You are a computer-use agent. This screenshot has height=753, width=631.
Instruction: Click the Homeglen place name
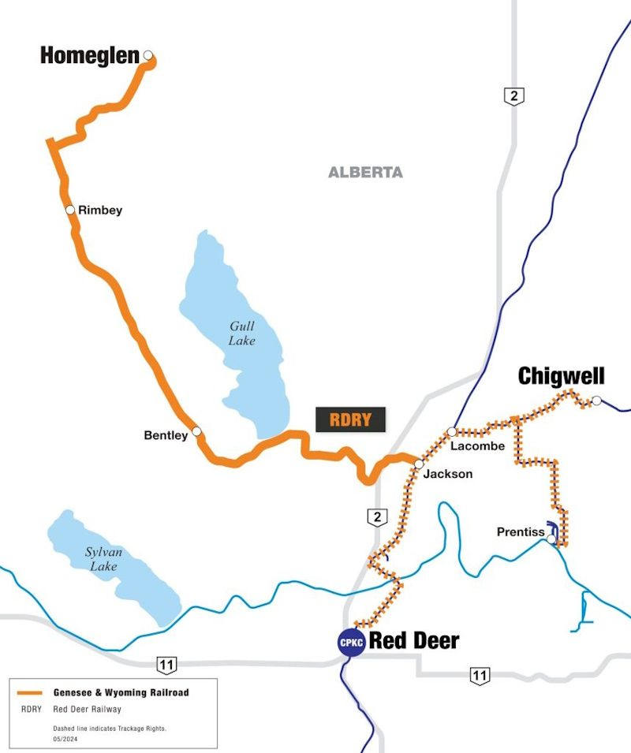(x=90, y=56)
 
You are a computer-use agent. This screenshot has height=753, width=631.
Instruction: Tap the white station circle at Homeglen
(x=147, y=56)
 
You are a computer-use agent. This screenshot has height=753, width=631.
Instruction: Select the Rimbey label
(x=100, y=211)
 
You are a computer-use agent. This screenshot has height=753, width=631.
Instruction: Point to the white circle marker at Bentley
(x=197, y=431)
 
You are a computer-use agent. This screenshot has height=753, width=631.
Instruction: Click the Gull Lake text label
(x=242, y=334)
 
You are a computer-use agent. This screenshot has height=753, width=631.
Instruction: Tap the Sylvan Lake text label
(x=103, y=559)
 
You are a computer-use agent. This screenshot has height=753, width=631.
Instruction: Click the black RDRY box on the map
(x=350, y=419)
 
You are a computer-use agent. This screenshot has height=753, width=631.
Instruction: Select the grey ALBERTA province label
(x=365, y=172)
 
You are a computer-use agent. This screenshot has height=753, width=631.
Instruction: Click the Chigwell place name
(x=561, y=377)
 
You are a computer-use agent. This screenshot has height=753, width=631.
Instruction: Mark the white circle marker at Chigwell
(x=597, y=401)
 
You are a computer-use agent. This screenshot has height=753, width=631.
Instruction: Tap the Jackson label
(x=448, y=474)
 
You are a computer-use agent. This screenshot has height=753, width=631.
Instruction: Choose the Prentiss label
(x=521, y=532)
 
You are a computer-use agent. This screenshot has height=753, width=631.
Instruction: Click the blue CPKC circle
(x=350, y=642)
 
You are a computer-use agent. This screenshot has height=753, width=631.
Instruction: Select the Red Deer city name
(x=414, y=641)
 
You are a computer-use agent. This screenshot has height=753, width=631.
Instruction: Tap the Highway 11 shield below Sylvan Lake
(x=166, y=664)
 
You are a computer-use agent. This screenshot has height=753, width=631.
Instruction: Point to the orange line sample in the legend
(x=31, y=692)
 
